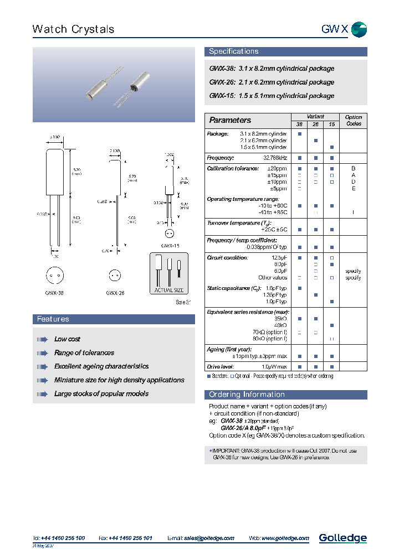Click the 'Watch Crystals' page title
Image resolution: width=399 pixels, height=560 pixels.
pos(73,29)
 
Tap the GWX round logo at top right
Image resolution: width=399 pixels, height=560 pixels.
pos(359,29)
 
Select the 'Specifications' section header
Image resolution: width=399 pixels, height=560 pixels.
pos(233,51)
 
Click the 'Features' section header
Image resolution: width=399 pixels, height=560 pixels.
pos(53,319)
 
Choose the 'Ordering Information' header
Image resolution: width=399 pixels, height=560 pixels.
pos(247,395)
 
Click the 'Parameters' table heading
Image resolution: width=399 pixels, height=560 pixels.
pos(230,120)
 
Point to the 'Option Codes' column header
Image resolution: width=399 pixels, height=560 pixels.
pos(353,121)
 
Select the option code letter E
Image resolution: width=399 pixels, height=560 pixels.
pos(353,189)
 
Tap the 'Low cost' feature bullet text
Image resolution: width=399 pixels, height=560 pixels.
pos(67,339)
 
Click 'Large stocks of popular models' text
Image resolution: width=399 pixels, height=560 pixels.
pos(101,394)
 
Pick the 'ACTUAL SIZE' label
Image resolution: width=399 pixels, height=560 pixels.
pos(169,291)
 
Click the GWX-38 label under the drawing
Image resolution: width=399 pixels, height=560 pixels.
pos(53,293)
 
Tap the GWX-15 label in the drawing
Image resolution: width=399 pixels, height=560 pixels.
pos(170,246)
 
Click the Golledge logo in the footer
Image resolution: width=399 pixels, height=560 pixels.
pos(342,538)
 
